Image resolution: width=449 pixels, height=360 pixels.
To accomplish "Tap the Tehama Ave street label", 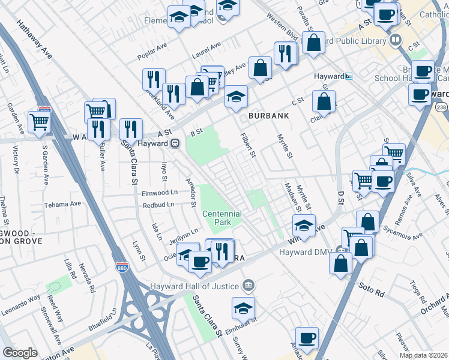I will click(66, 204).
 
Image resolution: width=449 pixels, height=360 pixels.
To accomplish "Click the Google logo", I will click(20, 353).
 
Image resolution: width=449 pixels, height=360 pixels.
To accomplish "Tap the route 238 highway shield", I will click(441, 107).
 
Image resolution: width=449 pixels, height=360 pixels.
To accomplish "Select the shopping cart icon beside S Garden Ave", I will click(39, 122).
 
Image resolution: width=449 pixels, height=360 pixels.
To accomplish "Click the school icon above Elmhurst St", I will click(243, 308).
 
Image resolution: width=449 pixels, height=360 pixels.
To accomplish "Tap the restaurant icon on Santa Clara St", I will click(130, 128).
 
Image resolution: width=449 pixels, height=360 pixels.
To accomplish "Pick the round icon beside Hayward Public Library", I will click(395, 40).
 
